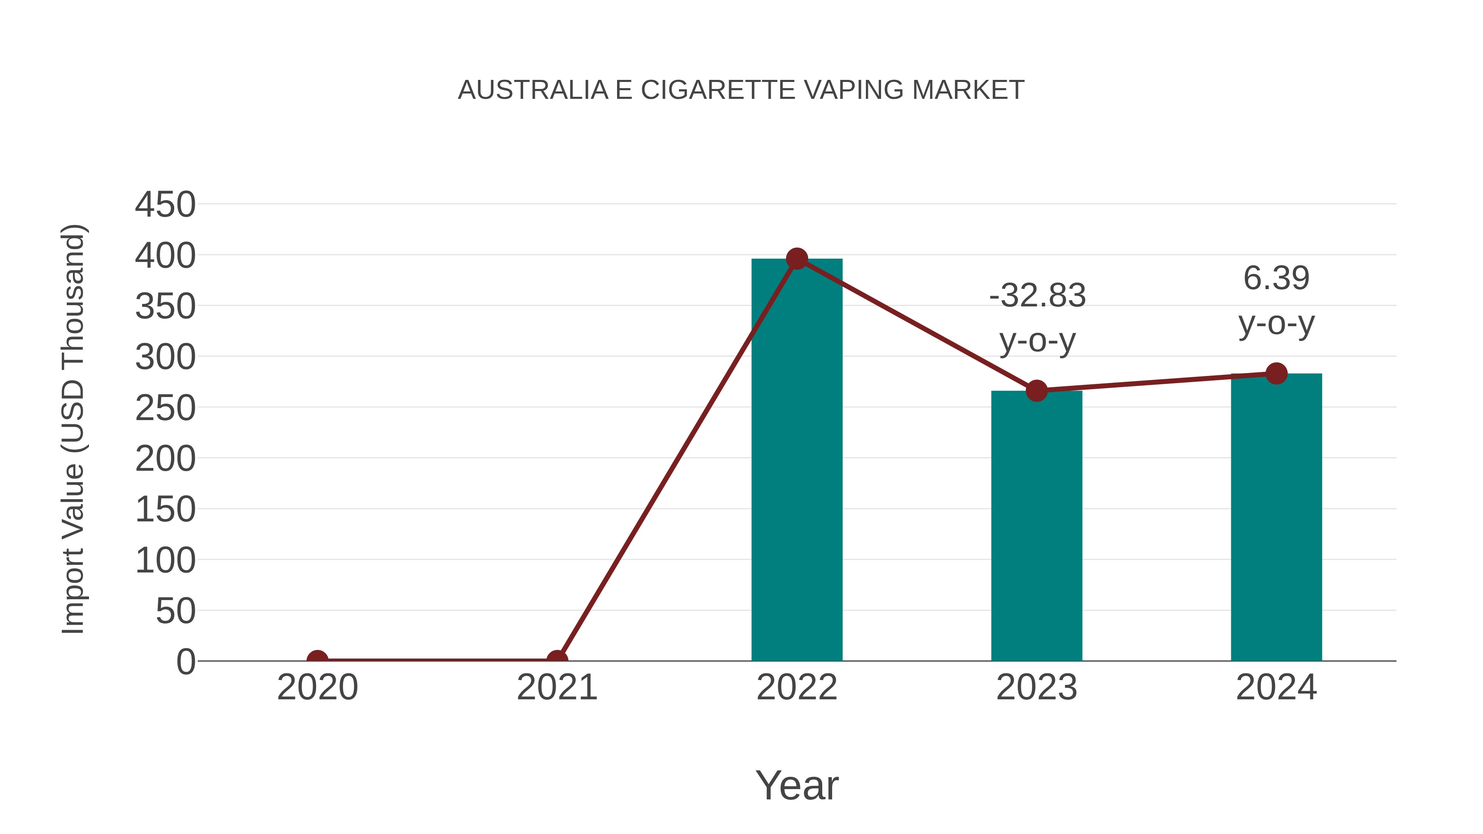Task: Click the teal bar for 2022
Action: pos(797,460)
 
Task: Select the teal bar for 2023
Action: pos(1036,527)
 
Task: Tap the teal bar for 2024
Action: pos(1276,518)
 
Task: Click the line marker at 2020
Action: pos(317,660)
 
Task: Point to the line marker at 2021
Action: pos(557,660)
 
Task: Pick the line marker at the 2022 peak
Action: pos(797,259)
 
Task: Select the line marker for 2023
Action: pos(1036,391)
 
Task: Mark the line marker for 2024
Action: pos(1276,374)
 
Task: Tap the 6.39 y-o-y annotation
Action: pos(1276,301)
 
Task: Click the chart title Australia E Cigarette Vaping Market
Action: pos(741,90)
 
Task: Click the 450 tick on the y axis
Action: pos(165,205)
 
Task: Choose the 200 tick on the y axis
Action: pos(165,459)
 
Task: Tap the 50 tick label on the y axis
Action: pos(175,611)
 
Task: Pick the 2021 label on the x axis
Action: pos(557,688)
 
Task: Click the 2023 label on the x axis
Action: pos(1036,688)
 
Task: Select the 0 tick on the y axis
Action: pos(186,662)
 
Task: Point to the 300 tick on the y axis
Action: pos(165,357)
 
